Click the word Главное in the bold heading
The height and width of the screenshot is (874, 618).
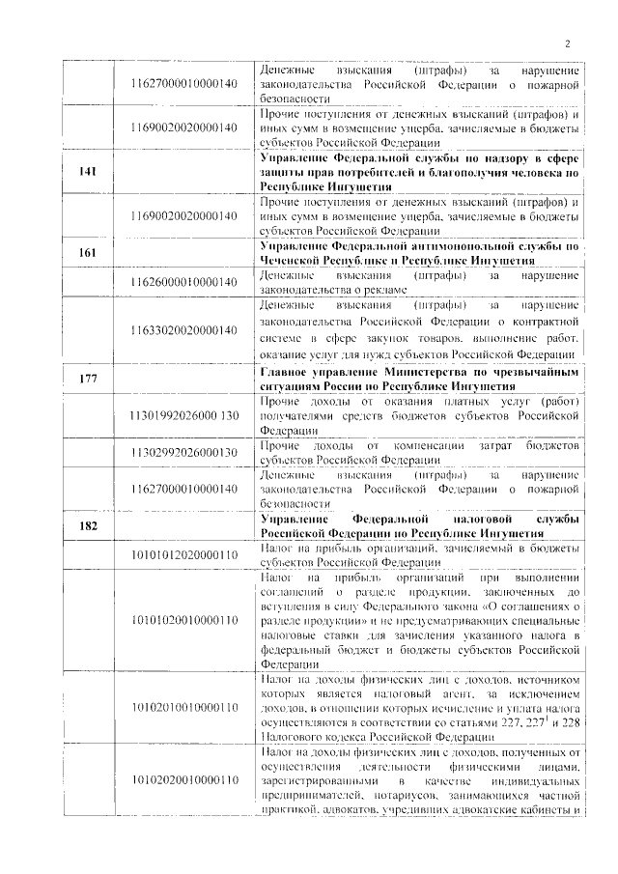click(x=288, y=373)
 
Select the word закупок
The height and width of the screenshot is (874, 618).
click(x=417, y=338)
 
